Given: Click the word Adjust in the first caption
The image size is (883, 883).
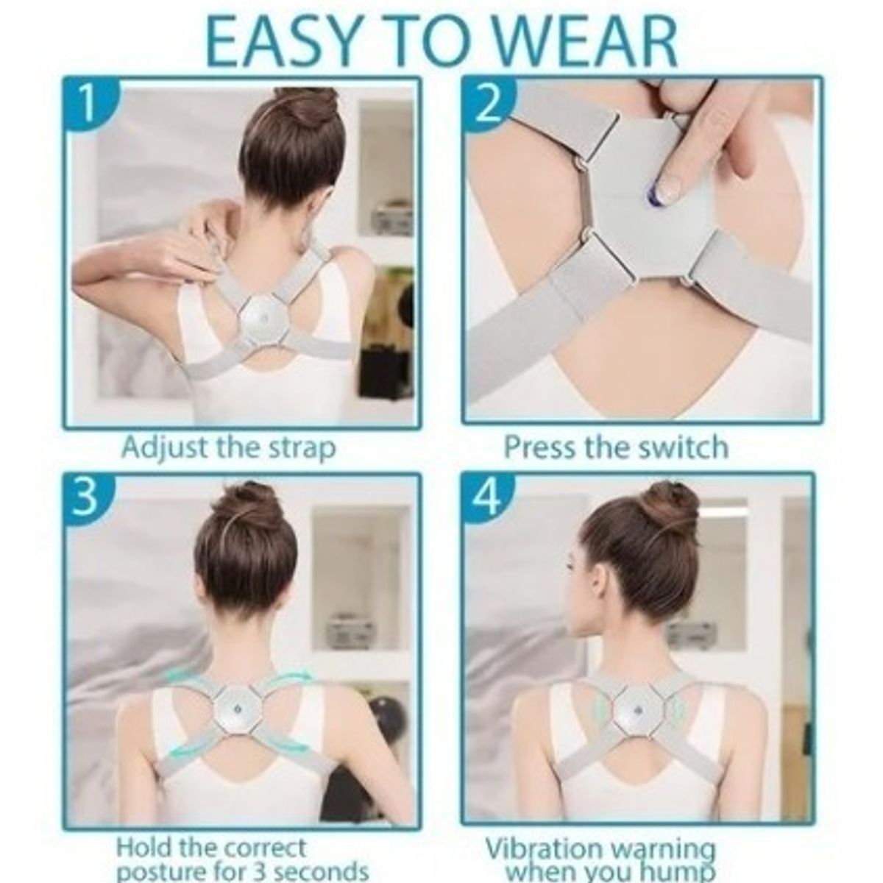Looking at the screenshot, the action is (165, 448).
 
